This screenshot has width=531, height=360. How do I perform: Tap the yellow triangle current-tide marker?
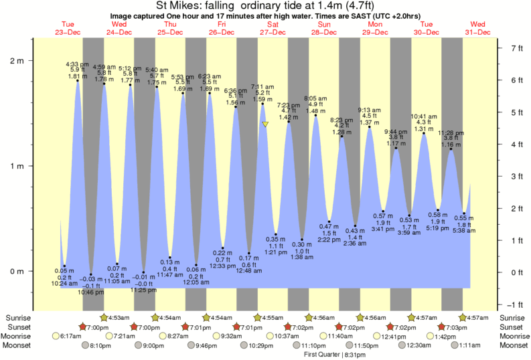pos(266,124)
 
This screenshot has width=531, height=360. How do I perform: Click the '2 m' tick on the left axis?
pos(17,60)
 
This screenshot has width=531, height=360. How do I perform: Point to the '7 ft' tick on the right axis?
pos(516,48)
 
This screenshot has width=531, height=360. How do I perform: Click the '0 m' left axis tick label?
pos(17,271)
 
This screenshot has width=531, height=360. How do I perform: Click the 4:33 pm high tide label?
pos(77,64)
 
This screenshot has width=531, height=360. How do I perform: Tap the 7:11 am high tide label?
pos(262,87)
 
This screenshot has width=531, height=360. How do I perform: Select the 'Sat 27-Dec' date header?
pos(273,27)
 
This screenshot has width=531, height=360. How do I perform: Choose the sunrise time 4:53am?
pos(117,317)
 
